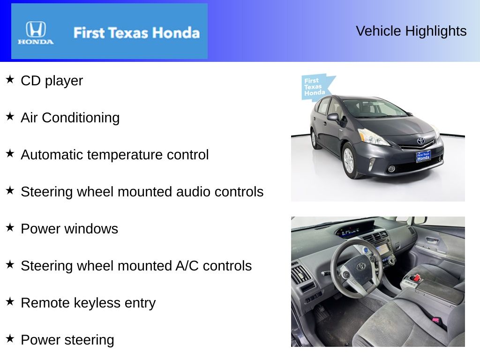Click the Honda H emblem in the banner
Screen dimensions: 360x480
pos(36,30)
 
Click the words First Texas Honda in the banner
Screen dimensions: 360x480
pos(136,33)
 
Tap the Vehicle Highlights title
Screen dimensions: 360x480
pos(411,31)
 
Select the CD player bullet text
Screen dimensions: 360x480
pos(52,81)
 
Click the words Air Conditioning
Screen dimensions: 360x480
pos(70,118)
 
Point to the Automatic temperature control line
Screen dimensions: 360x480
pos(114,155)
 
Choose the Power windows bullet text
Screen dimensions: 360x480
pos(69,229)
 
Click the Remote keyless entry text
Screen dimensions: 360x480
pos(88,303)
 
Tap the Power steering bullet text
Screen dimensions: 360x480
pos(67,340)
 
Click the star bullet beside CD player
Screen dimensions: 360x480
pos(10,79)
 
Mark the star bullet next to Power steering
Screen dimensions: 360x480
pos(10,338)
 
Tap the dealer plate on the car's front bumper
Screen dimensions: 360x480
pos(423,157)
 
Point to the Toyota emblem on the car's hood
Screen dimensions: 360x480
pos(420,141)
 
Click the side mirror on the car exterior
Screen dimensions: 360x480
pos(334,117)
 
